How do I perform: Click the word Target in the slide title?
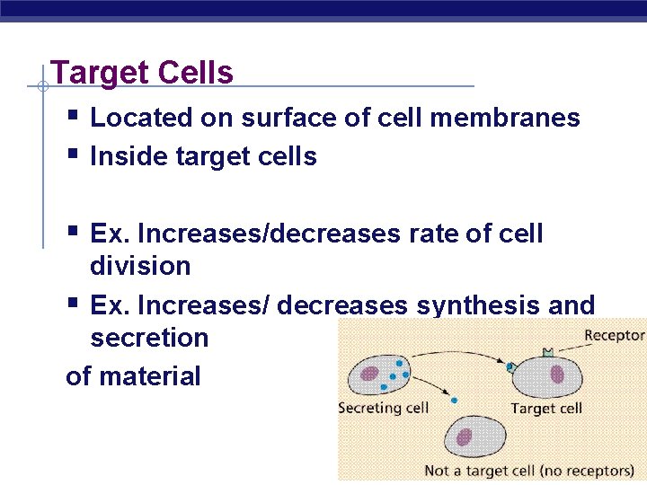pyautogui.click(x=93, y=73)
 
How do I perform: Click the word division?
pyautogui.click(x=140, y=266)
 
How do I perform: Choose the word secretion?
pyautogui.click(x=149, y=338)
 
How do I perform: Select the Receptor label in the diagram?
pyautogui.click(x=615, y=336)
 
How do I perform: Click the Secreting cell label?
pyautogui.click(x=383, y=408)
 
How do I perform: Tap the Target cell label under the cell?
pyautogui.click(x=546, y=408)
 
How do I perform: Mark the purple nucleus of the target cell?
pyautogui.click(x=557, y=373)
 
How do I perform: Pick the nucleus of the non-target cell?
pyautogui.click(x=464, y=437)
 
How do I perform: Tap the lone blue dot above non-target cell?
pyautogui.click(x=454, y=401)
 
